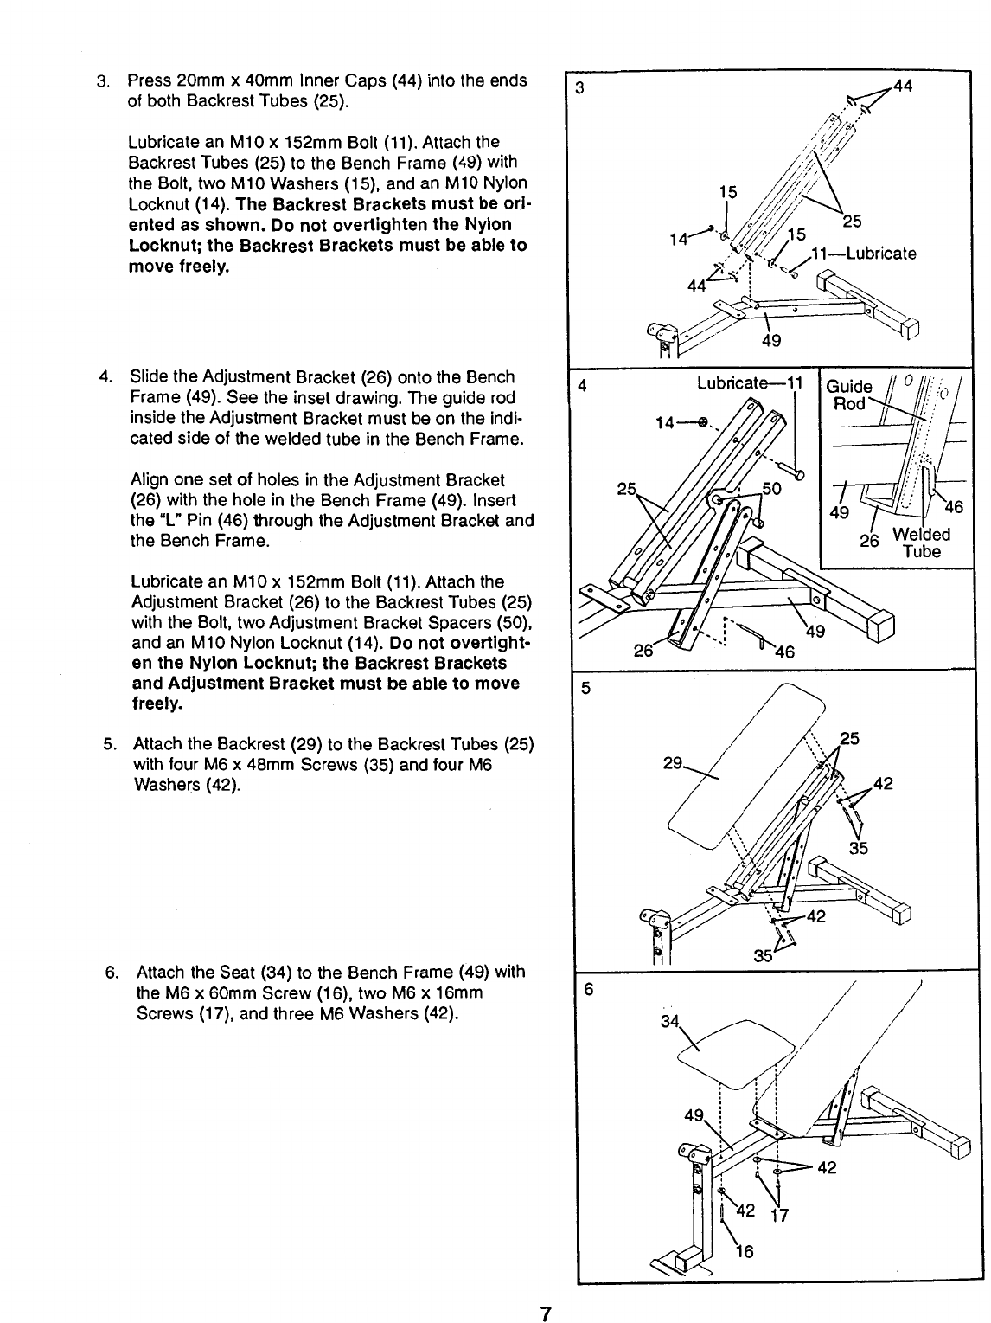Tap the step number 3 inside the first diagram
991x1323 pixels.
580,87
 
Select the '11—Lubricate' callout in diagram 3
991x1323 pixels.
862,254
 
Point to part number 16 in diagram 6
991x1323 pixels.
743,1251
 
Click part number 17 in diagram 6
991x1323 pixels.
783,1214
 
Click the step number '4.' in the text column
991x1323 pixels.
106,377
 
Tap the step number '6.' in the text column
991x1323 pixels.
112,972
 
